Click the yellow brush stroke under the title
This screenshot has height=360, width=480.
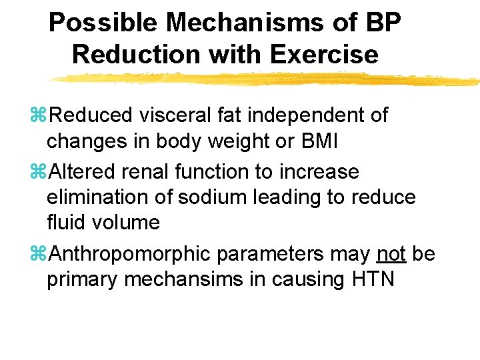267,79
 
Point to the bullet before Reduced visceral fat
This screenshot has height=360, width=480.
41,116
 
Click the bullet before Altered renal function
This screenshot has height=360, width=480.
41,173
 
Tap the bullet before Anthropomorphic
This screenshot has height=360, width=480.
41,255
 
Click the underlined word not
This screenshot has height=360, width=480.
391,254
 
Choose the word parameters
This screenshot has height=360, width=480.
289,255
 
